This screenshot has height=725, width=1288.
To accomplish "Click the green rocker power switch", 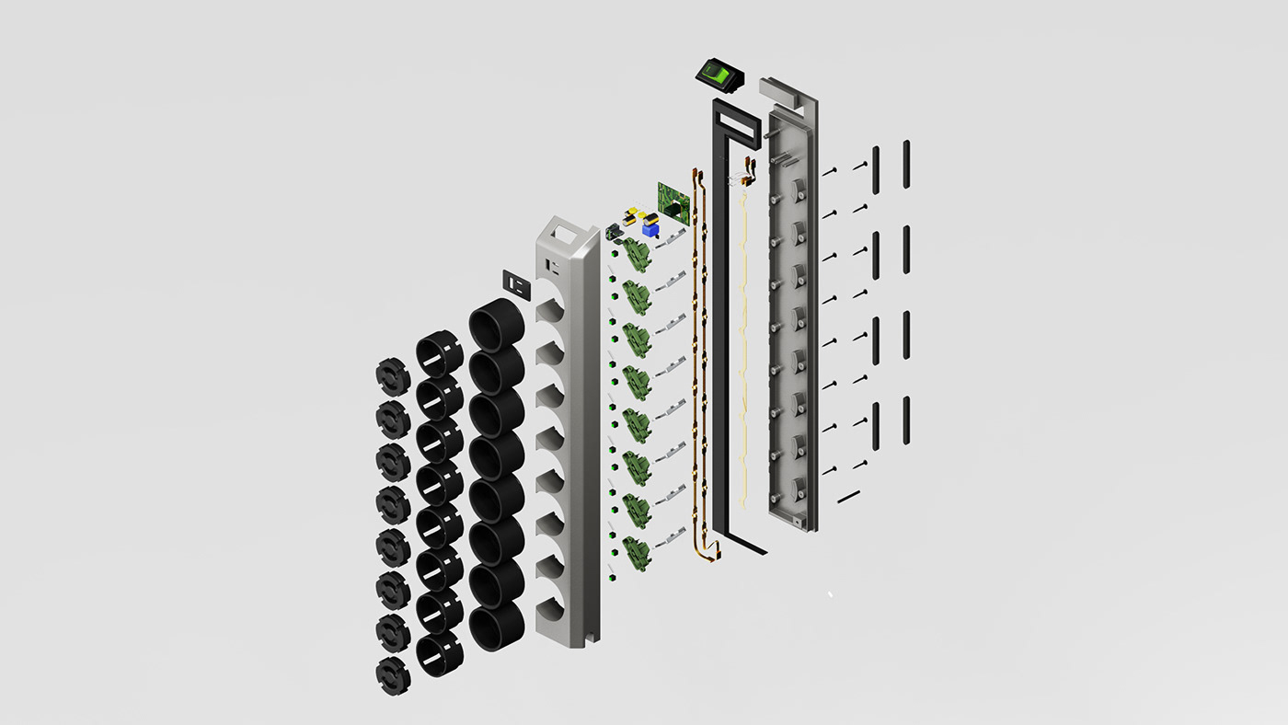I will [719, 75].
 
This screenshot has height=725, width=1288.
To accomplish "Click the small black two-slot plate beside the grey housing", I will [518, 284].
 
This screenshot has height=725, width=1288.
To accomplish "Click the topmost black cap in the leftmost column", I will [393, 377].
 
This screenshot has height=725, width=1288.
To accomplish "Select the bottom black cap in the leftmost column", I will [393, 674].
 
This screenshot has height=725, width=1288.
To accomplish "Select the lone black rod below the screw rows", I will [848, 496].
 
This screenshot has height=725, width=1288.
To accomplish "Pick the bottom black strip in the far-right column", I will [906, 419].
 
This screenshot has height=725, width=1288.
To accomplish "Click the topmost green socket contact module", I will [635, 252].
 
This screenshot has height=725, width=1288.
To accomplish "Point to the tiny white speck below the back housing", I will [830, 594].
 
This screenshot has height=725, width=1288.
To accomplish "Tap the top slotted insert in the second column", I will [440, 355].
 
